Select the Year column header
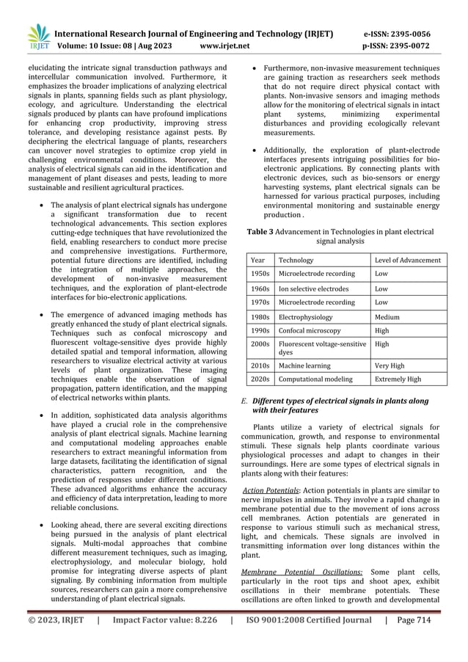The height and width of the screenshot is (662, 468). (x=258, y=260)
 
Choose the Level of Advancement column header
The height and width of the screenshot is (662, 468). (x=408, y=260)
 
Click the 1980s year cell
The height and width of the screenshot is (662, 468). (x=260, y=317)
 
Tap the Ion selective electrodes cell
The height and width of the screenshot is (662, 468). (x=314, y=288)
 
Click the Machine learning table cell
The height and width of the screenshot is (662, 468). (x=304, y=365)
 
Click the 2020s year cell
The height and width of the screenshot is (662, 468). (x=260, y=379)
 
